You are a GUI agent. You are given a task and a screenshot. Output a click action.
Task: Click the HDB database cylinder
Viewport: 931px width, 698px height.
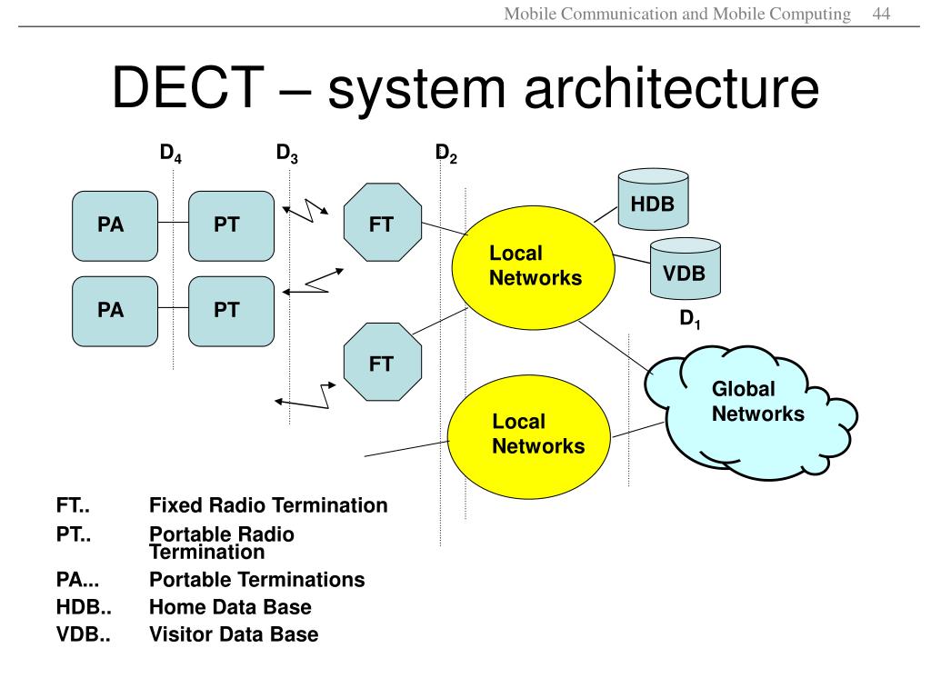653,202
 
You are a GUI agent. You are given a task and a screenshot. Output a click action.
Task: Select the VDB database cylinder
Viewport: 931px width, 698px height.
685,270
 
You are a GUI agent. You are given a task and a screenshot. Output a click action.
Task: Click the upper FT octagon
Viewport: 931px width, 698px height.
382,223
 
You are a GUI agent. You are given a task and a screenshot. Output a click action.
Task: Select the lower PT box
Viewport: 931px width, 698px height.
230,311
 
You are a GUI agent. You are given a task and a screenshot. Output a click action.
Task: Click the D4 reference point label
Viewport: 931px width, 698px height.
171,154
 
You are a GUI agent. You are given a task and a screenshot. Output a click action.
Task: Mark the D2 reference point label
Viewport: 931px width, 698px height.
445,154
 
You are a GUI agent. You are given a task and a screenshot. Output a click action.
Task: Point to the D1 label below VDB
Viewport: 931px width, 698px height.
691,320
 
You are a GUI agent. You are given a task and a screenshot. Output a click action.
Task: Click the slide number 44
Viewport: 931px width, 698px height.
880,14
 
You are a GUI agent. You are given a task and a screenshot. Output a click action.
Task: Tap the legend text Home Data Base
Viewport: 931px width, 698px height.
230,607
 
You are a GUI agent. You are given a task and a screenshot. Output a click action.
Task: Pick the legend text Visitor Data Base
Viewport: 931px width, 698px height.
234,634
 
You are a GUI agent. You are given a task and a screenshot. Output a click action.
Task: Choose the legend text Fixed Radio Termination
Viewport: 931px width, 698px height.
268,505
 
